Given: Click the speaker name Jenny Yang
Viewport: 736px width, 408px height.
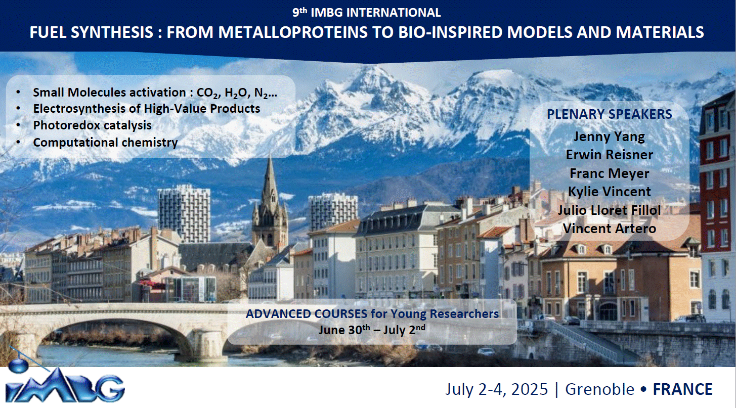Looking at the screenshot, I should click(609, 137).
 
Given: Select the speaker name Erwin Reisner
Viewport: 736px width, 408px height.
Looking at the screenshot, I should click(609, 155).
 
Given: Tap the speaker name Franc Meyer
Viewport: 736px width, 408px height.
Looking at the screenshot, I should click(609, 173).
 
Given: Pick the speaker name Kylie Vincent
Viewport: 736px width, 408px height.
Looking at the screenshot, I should click(609, 192).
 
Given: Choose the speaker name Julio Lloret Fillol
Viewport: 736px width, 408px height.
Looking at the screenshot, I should click(609, 210).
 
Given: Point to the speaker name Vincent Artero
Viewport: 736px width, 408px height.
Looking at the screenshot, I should click(609, 229).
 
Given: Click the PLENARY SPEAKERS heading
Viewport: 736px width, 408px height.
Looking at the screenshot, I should click(609, 114).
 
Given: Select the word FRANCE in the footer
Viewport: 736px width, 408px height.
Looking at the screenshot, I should click(682, 389).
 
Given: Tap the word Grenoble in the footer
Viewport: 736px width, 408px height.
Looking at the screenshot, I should click(599, 389).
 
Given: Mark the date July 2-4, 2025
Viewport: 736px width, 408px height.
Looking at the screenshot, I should click(496, 389).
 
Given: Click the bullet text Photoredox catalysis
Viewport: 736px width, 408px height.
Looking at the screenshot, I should click(92, 125).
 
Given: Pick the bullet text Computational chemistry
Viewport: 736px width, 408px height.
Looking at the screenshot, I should click(105, 143).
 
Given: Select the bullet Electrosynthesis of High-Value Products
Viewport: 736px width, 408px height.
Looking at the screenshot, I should click(146, 109).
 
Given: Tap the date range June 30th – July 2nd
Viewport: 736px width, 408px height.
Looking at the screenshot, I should click(372, 330).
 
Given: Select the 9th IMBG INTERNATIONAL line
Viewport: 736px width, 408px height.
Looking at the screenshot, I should click(367, 12).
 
